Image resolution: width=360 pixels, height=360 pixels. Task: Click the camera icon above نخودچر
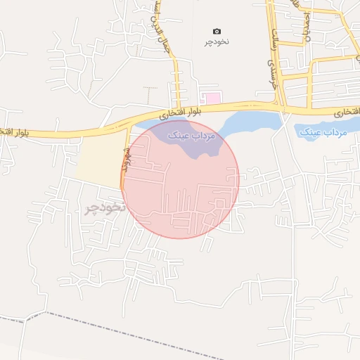217,32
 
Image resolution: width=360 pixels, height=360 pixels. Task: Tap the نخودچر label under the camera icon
217,42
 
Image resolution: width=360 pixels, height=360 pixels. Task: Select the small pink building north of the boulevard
211,97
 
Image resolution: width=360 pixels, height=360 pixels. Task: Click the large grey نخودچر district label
105,208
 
